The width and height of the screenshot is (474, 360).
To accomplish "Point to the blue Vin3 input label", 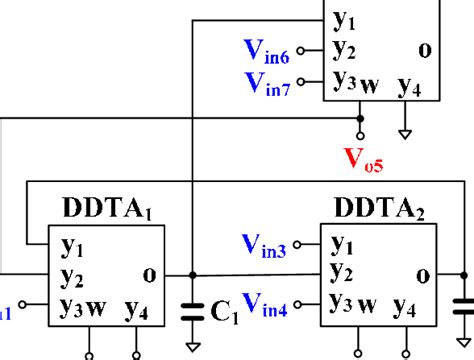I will (x=265, y=243).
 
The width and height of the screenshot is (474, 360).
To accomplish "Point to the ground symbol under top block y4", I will (x=405, y=131).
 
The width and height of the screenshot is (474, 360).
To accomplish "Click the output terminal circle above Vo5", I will (x=360, y=135).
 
